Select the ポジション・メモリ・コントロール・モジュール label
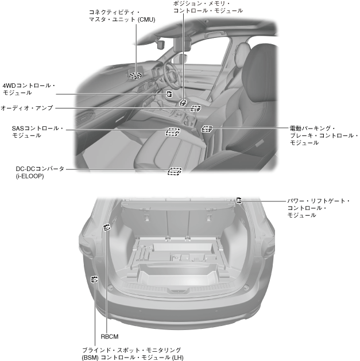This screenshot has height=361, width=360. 207,7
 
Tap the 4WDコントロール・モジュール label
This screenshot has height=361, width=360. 29,88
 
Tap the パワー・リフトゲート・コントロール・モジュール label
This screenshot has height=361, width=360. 319,208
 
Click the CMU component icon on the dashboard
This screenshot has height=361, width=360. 136,75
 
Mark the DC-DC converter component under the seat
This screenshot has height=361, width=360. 175,170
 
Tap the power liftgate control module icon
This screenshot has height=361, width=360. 239,200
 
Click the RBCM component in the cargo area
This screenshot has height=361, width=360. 106,227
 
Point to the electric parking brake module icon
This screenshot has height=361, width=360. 207,129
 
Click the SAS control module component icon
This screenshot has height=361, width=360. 172,131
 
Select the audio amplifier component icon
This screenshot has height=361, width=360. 195,108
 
